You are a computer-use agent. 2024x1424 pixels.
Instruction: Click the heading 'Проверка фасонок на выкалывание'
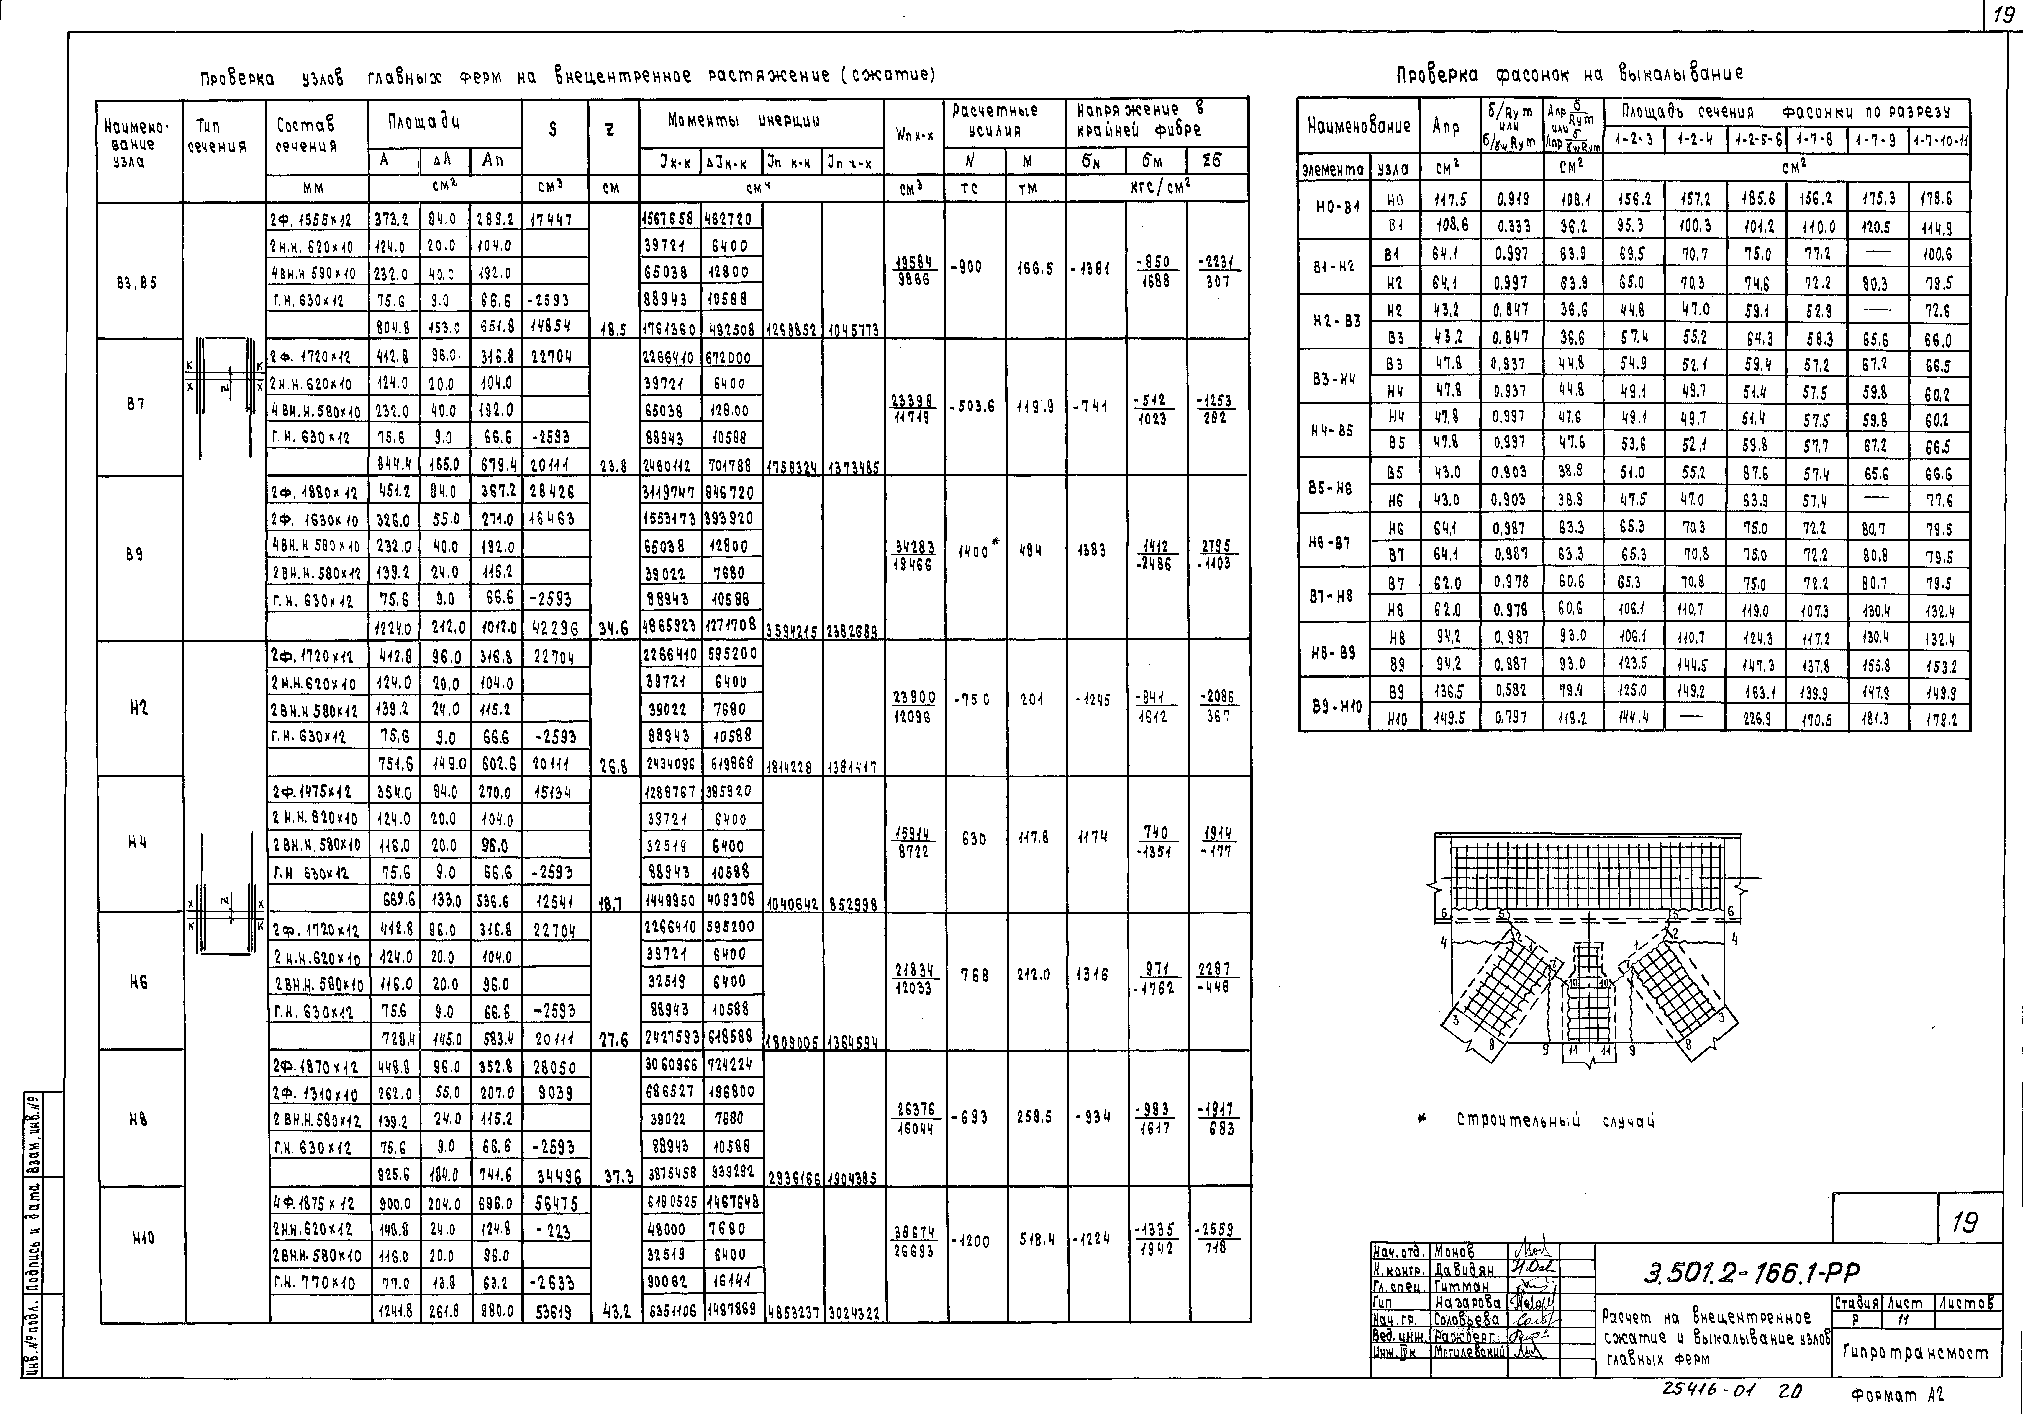coord(1569,74)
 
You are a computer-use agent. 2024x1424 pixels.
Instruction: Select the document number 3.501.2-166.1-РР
coord(1750,1272)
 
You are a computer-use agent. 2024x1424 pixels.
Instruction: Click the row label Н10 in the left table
coord(143,1238)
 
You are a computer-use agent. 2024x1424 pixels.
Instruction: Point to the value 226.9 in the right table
coord(1757,719)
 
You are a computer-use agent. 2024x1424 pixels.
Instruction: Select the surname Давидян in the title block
coord(1463,1269)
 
